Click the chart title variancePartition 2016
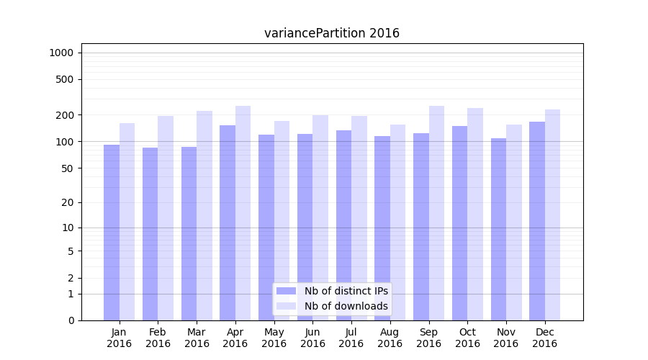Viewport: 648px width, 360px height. click(x=331, y=33)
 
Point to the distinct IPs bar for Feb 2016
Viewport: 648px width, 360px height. click(x=150, y=233)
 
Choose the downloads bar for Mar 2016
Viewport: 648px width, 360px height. click(x=204, y=215)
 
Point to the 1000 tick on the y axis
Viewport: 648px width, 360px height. click(x=61, y=53)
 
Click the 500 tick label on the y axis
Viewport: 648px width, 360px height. click(x=65, y=79)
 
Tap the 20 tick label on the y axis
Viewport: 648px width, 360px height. click(x=68, y=202)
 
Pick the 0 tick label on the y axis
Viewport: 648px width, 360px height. click(x=71, y=320)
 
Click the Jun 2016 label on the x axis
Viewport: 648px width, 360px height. click(x=312, y=338)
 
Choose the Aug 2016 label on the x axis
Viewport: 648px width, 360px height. click(x=390, y=338)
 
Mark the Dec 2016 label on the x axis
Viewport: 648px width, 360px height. click(x=544, y=338)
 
